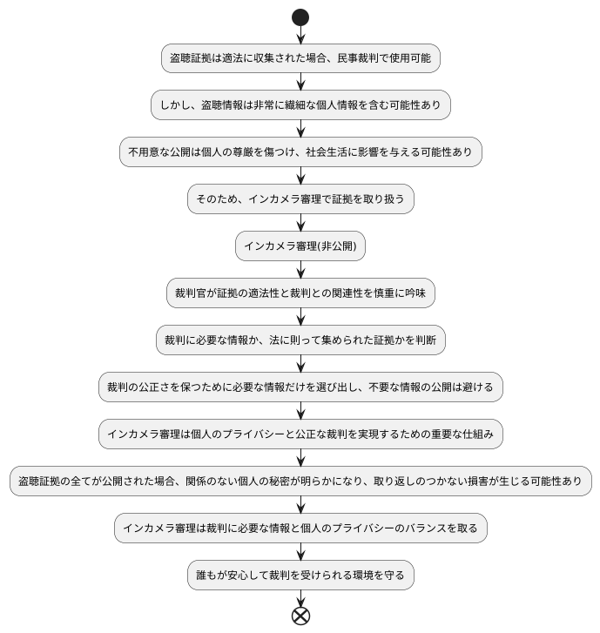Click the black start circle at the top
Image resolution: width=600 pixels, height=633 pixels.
(x=300, y=17)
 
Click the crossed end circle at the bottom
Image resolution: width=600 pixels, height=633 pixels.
(x=300, y=616)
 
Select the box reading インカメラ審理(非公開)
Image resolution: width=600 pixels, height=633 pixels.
(x=300, y=246)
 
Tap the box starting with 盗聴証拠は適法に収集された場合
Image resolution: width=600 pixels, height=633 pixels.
(x=300, y=58)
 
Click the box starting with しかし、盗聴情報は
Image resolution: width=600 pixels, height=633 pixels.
(x=300, y=105)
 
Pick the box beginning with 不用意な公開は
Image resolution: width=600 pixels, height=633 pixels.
(x=300, y=152)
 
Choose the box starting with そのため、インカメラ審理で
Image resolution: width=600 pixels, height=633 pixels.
(x=300, y=199)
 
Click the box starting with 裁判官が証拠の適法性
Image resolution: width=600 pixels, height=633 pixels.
(x=300, y=293)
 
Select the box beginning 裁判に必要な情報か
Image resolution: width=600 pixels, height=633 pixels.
(x=300, y=340)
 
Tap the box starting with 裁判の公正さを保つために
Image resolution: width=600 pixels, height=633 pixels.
(x=300, y=387)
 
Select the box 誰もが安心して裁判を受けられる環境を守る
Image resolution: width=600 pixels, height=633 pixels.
(x=300, y=576)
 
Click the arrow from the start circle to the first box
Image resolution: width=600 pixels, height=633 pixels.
(x=300, y=35)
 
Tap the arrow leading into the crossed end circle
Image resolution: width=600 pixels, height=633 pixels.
(x=300, y=598)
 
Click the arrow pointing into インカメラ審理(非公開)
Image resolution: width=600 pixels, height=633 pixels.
(x=300, y=223)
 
